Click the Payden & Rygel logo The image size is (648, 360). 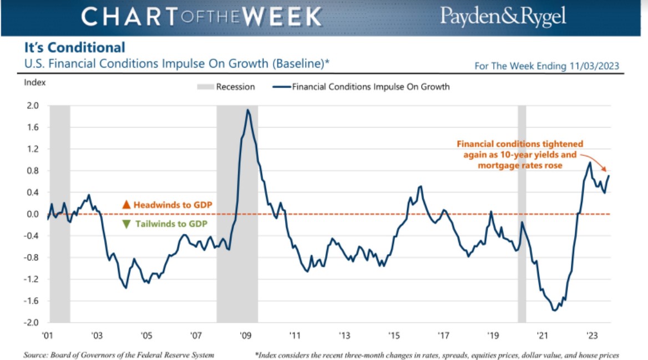(x=503, y=17)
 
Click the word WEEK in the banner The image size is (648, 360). (x=282, y=17)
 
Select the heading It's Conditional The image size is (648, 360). (x=74, y=48)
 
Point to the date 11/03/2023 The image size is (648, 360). (x=594, y=66)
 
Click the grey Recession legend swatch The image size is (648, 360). (x=205, y=87)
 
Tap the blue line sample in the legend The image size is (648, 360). (x=281, y=87)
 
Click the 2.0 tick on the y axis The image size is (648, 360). (x=33, y=106)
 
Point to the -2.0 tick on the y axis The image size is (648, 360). (x=31, y=322)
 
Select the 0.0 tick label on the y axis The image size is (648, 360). (x=33, y=214)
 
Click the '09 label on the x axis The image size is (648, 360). (x=245, y=335)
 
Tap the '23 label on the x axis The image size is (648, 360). (x=592, y=335)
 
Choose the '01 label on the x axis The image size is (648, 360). (x=48, y=335)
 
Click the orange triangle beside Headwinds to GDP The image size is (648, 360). (x=126, y=205)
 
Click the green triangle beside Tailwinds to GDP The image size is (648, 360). (x=126, y=224)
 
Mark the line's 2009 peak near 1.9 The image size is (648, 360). (x=247, y=110)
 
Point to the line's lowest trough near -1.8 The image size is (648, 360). (x=554, y=310)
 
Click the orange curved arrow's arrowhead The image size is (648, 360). (x=605, y=169)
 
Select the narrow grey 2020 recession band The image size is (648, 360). (x=522, y=214)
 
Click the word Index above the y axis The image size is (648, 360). (x=35, y=83)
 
